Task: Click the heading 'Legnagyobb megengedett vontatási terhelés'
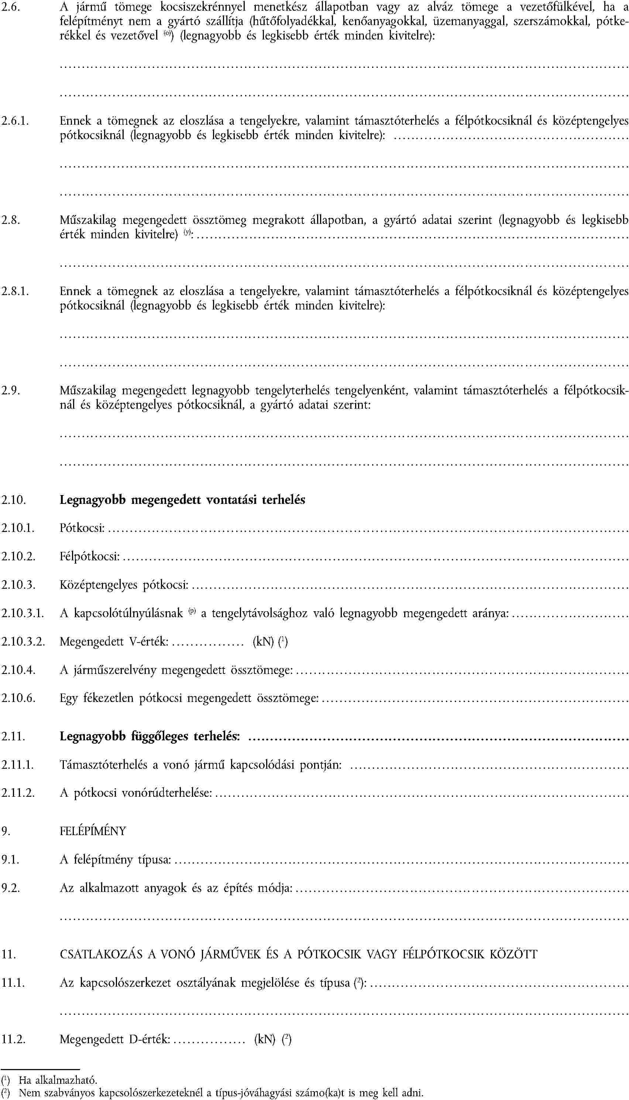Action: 182,500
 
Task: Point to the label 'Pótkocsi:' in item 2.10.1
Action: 82,528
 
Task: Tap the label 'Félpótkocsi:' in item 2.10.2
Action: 89,557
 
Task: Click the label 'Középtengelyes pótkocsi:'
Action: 124,585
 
